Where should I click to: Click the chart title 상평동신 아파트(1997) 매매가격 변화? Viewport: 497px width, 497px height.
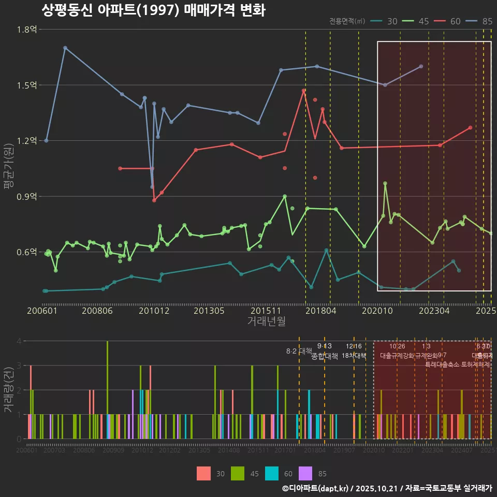click(153, 10)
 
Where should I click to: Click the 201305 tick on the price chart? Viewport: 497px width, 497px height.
click(209, 311)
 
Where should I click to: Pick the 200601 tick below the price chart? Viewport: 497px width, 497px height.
click(42, 311)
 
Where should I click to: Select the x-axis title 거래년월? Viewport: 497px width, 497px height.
click(266, 321)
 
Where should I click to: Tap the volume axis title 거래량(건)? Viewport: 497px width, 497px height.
click(8, 389)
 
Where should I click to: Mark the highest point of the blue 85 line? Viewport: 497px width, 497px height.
click(65, 48)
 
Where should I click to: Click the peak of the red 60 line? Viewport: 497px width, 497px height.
click(304, 91)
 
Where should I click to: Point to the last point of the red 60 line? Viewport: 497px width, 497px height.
click(470, 127)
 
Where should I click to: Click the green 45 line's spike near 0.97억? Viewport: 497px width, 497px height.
click(385, 183)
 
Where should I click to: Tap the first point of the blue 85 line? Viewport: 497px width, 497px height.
click(46, 140)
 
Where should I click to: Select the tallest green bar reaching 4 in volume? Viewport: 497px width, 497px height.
click(107, 390)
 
